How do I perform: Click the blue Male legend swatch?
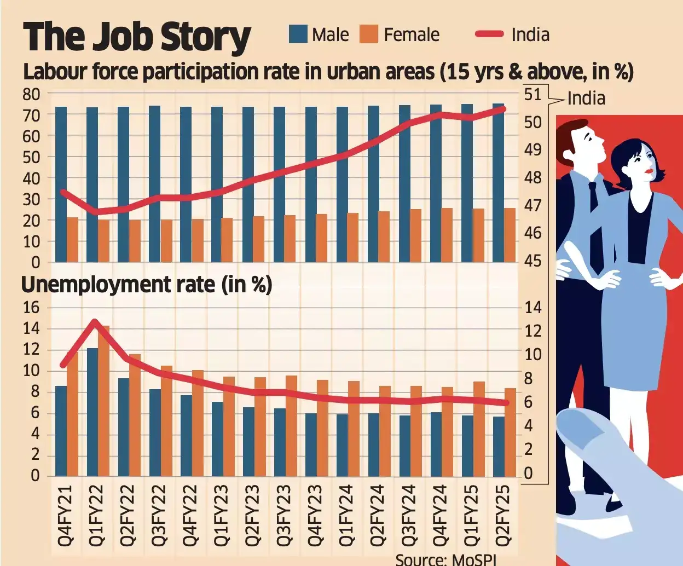298,34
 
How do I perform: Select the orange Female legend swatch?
369,34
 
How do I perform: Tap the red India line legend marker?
489,34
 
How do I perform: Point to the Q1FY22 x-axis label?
96,515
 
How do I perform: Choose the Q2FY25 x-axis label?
502,515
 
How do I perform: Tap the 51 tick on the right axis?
533,94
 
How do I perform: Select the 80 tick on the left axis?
31,94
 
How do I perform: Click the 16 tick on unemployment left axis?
31,308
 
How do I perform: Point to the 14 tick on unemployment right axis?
533,308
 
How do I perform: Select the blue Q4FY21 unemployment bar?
61,431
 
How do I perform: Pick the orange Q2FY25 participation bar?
510,235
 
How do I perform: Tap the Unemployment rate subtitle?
147,285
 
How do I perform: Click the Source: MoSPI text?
446,559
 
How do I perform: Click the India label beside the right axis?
586,98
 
